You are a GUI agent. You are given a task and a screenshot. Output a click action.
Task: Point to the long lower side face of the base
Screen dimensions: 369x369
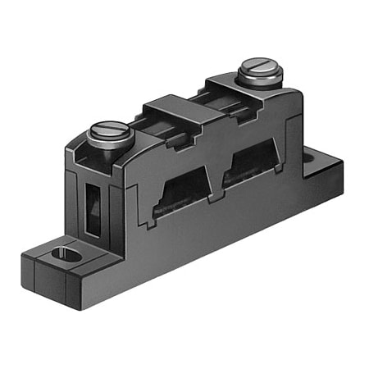pyautogui.click(x=205, y=246)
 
